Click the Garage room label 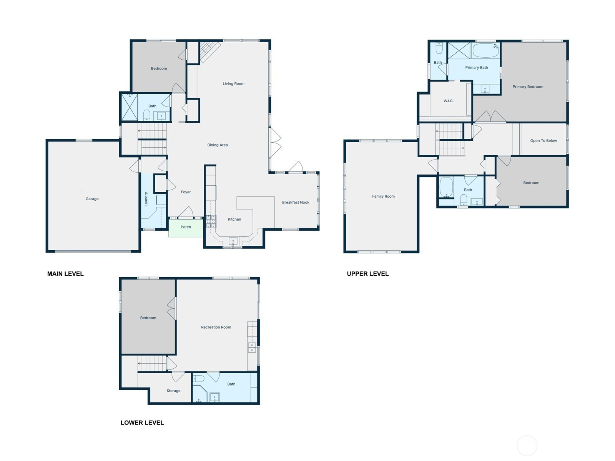tap(92, 199)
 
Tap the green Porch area tap(186, 228)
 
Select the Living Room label tap(233, 83)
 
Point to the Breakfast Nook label tap(296, 202)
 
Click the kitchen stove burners tap(211, 221)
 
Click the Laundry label tap(146, 199)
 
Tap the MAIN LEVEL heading tap(65, 274)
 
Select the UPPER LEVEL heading tap(367, 274)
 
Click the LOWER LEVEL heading tap(142, 423)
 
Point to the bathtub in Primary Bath tap(485, 50)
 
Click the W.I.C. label tap(448, 101)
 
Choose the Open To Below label tap(543, 141)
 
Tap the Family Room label tap(383, 196)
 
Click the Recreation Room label tap(216, 327)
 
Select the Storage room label tap(173, 391)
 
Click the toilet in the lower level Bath tap(199, 379)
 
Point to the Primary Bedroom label tap(528, 87)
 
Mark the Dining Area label tap(218, 145)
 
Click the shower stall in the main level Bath tap(129, 107)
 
